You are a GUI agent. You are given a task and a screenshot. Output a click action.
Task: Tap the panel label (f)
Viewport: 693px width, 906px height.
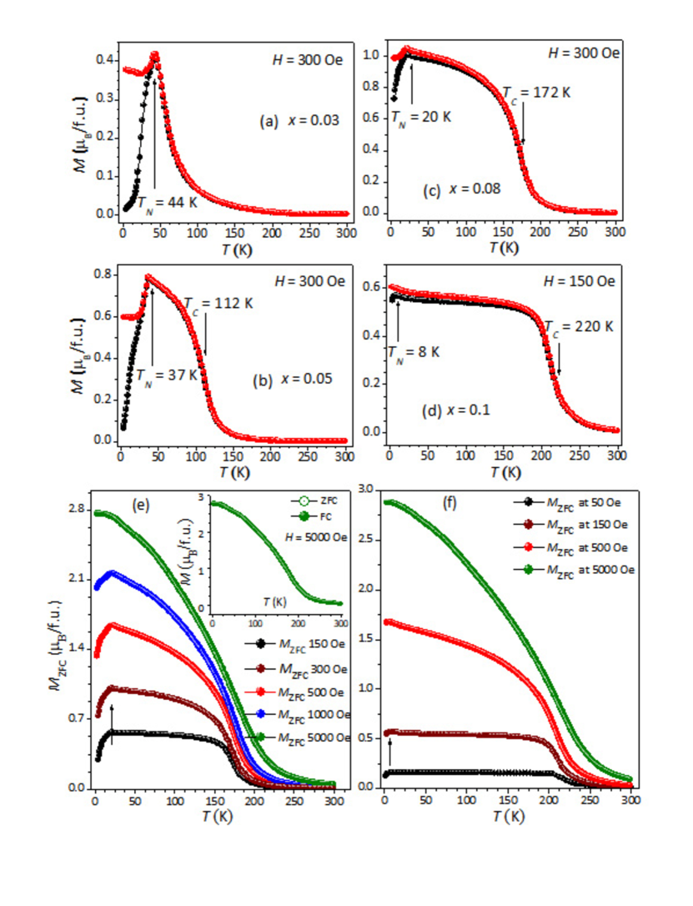click(x=450, y=503)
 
